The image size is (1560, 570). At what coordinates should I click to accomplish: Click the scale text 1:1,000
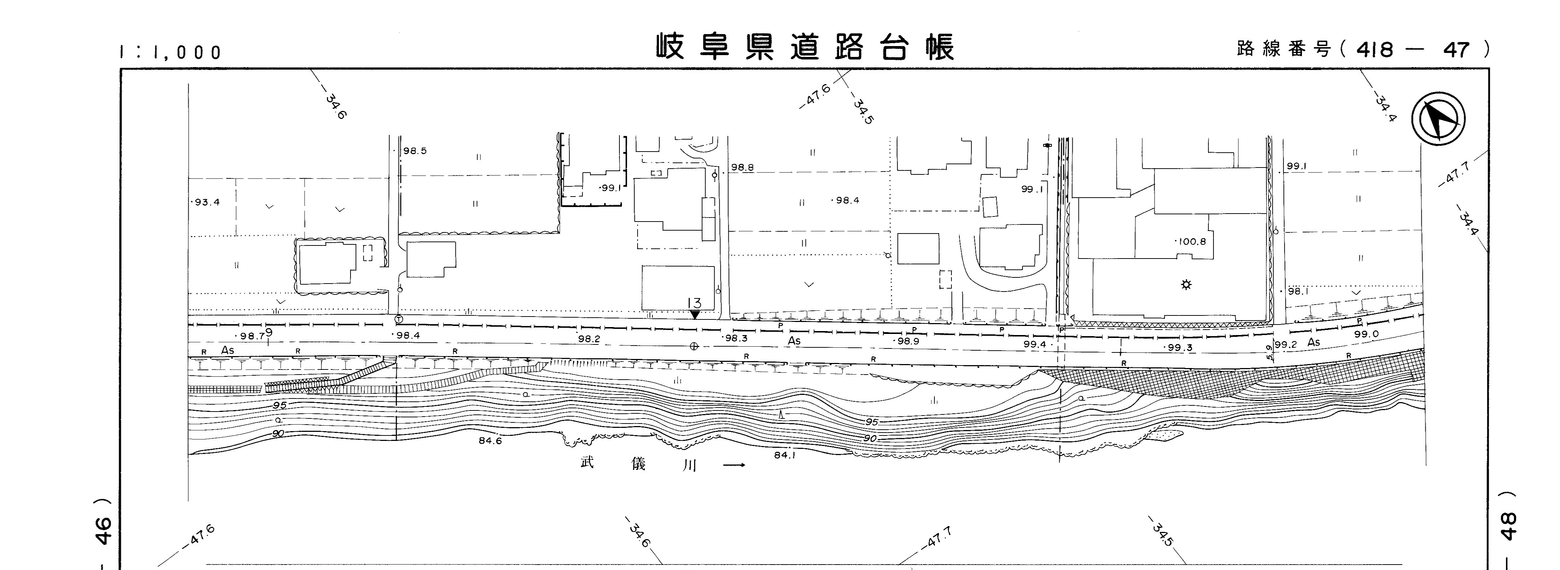171,53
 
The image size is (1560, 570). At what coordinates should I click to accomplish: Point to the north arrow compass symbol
1438,119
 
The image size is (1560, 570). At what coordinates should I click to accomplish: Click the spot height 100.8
1192,241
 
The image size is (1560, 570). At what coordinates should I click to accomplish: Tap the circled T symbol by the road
398,319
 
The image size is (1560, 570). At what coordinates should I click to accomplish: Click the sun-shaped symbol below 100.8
1186,284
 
